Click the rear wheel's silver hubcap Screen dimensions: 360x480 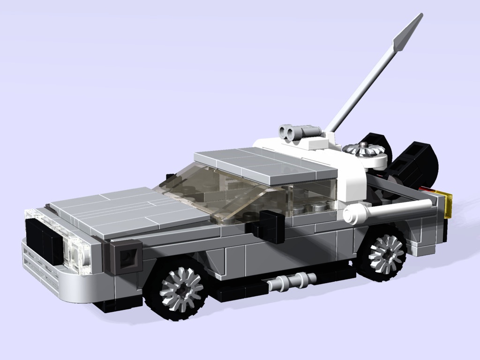[x=387, y=253]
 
